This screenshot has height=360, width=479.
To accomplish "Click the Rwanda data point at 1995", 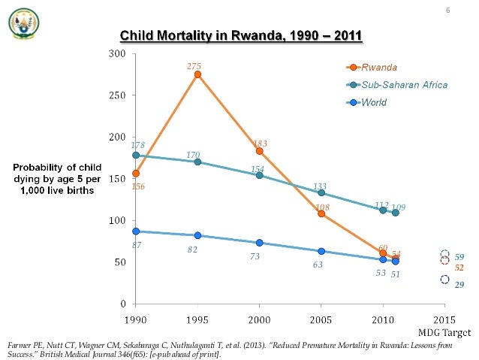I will pyautogui.click(x=197, y=74).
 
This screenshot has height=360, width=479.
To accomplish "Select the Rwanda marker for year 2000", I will pyautogui.click(x=260, y=151).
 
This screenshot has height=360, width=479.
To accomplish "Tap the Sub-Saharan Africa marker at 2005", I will pyautogui.click(x=321, y=193).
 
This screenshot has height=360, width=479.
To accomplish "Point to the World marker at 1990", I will pyautogui.click(x=136, y=231).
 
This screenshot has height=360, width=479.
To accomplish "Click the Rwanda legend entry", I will pyautogui.click(x=380, y=67).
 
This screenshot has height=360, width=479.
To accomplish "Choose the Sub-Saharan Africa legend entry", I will pyautogui.click(x=404, y=85).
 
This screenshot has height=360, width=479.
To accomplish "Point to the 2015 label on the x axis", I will pyautogui.click(x=444, y=319).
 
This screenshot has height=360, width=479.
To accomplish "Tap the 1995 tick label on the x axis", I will pyautogui.click(x=197, y=319).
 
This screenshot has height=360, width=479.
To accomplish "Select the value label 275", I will pyautogui.click(x=194, y=67).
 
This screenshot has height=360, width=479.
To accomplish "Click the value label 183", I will pyautogui.click(x=261, y=143).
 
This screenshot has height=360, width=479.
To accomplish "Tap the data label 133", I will pyautogui.click(x=320, y=186).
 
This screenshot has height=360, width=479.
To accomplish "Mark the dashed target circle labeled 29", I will pyautogui.click(x=444, y=280).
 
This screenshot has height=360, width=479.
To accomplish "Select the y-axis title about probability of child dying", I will pyautogui.click(x=57, y=178).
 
